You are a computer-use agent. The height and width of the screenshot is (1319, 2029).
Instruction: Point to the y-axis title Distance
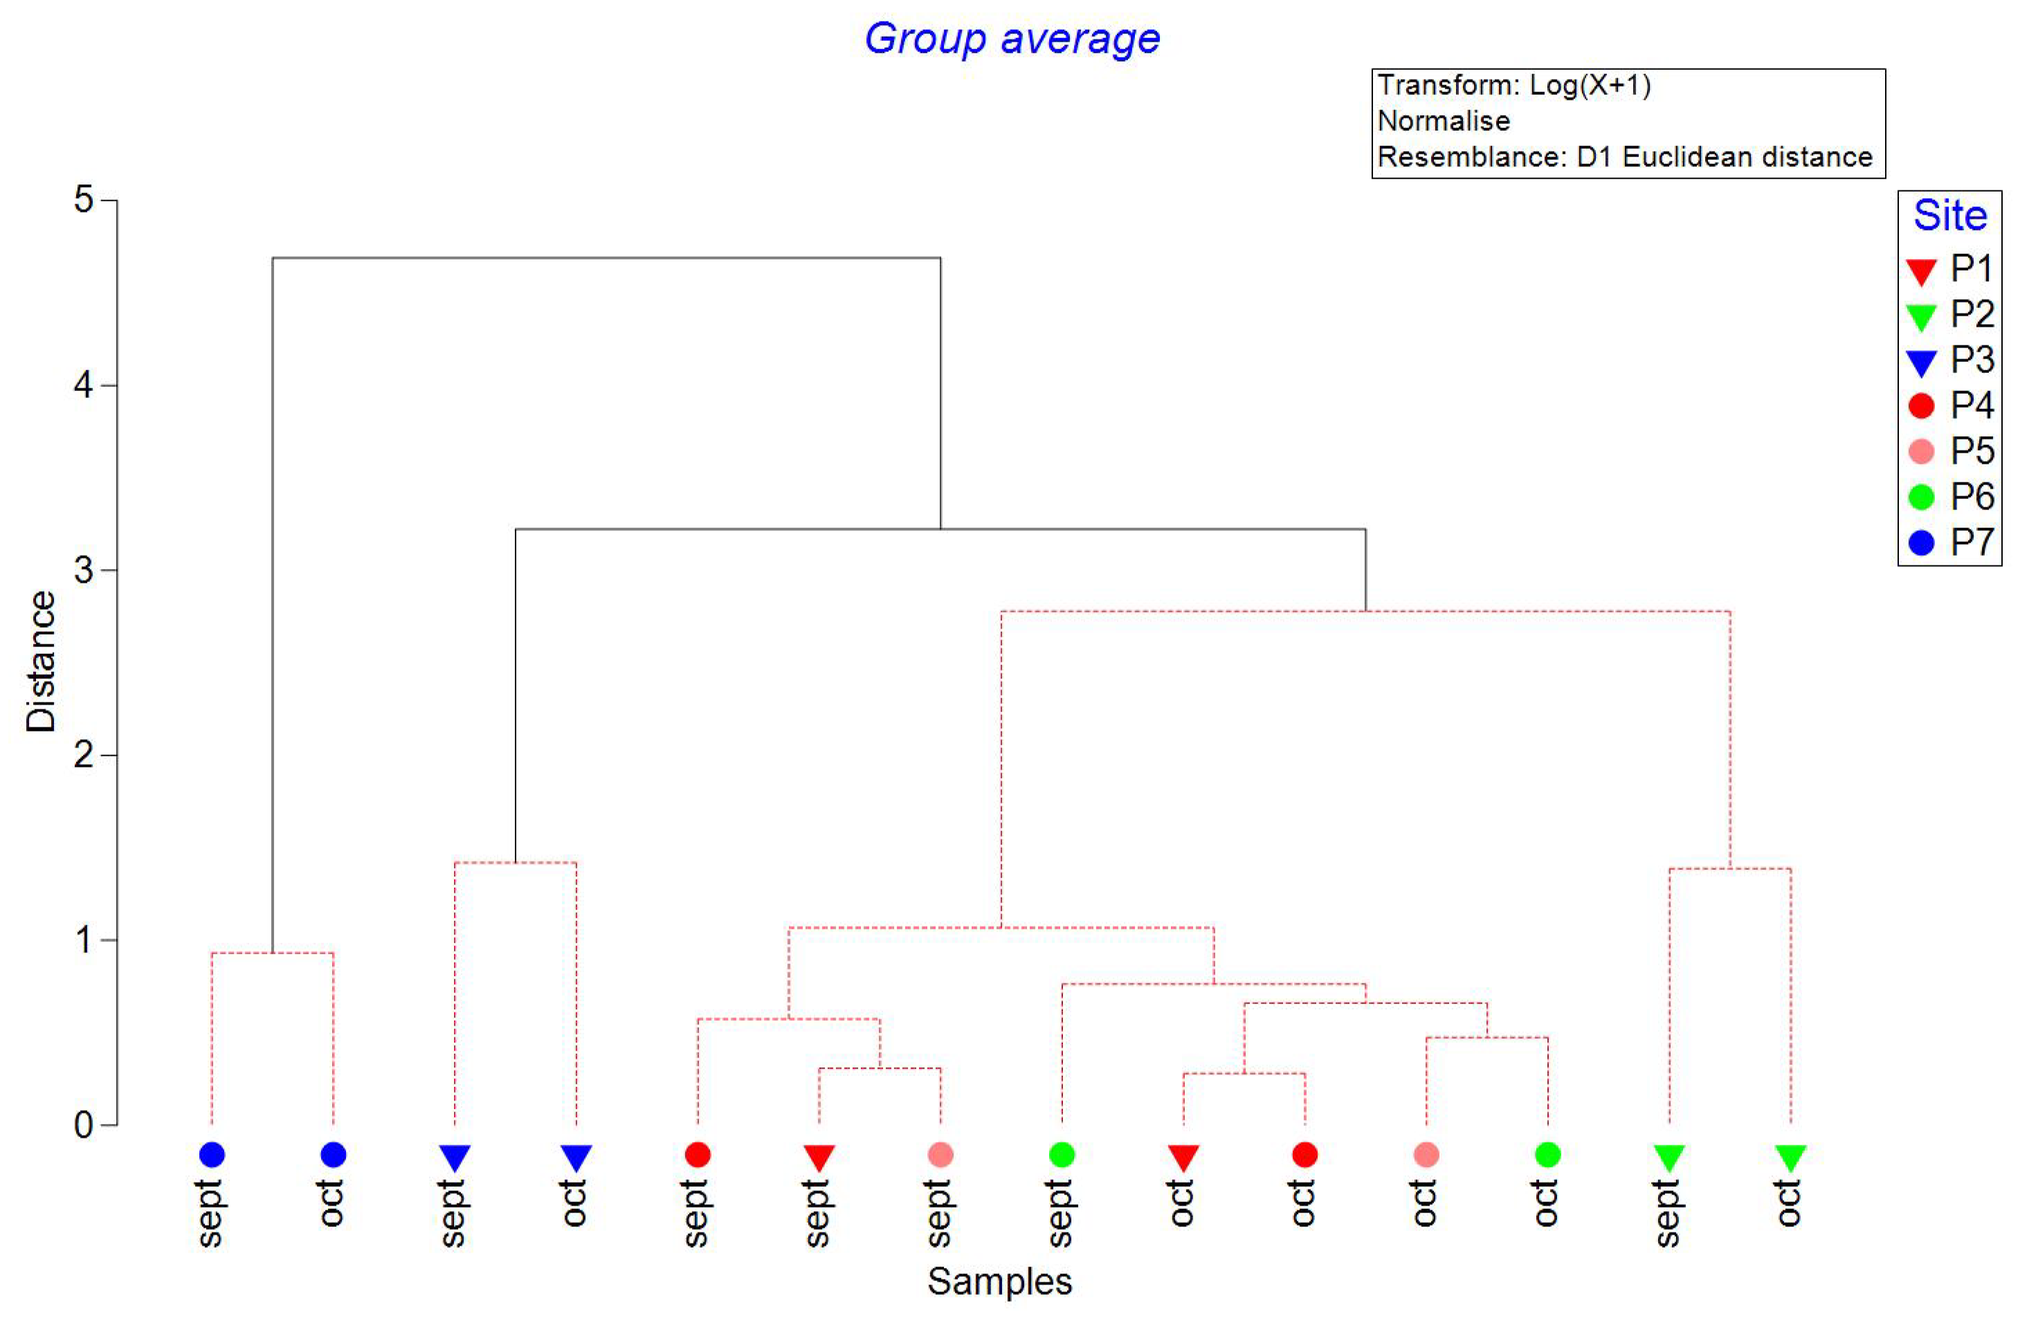point(40,662)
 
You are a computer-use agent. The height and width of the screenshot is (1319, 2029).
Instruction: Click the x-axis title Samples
point(999,1281)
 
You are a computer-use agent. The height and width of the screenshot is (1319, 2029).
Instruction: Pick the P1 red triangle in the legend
point(1921,271)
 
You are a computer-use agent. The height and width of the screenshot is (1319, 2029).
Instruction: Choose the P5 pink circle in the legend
point(1921,451)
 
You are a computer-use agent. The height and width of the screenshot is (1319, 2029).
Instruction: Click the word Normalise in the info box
point(1444,121)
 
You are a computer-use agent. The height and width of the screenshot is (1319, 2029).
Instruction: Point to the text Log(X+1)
point(1590,85)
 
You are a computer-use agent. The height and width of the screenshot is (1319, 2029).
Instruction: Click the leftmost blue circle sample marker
point(212,1154)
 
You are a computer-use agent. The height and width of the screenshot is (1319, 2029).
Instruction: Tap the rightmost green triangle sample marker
point(1790,1157)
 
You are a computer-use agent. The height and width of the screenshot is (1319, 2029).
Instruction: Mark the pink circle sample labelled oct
point(1426,1154)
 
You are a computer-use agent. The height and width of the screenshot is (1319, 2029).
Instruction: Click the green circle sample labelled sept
point(1062,1154)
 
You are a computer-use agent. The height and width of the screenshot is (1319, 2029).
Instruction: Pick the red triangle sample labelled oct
point(1183,1157)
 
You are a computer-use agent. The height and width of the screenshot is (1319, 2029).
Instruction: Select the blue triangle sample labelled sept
point(455,1157)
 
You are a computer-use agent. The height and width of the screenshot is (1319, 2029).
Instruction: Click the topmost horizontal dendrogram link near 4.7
point(606,257)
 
